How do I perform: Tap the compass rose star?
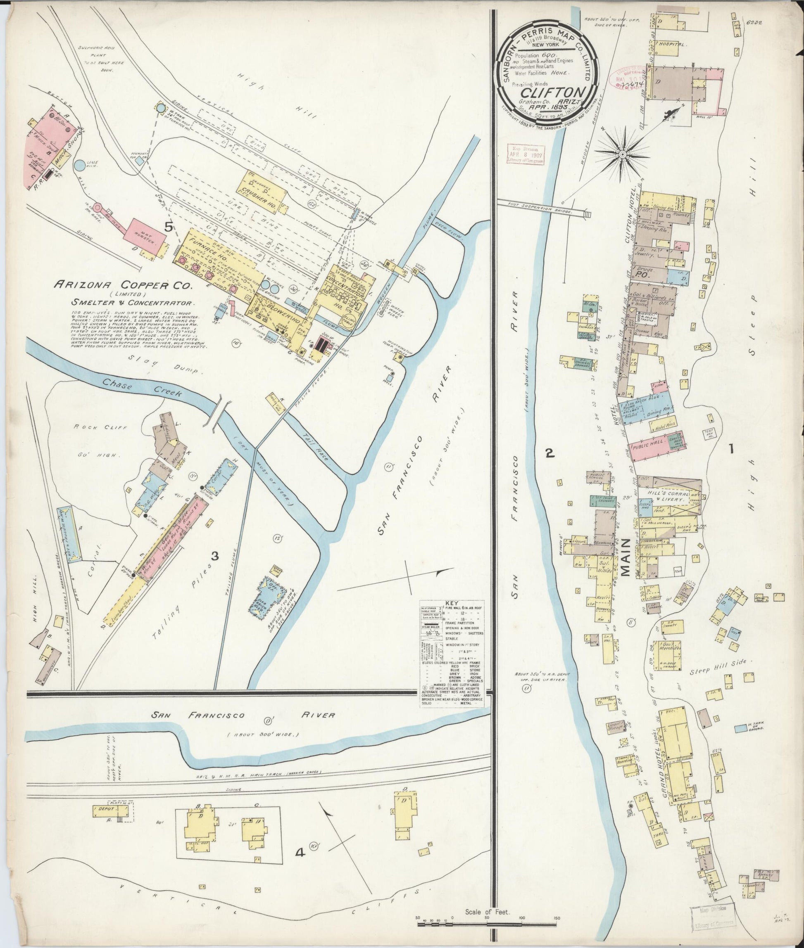622,155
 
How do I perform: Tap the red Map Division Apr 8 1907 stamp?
526,154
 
